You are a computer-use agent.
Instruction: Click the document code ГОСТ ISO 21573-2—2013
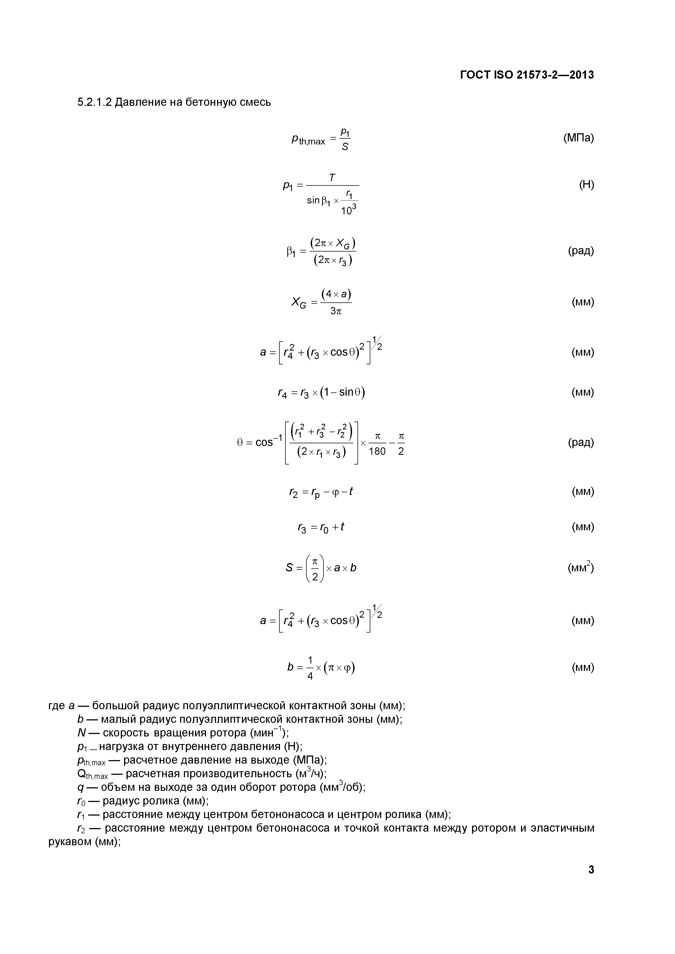coord(527,75)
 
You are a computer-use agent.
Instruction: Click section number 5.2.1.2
coord(94,102)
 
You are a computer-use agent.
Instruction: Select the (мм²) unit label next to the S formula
coord(581,568)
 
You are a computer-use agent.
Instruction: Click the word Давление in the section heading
coord(141,102)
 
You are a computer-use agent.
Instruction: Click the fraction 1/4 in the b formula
coord(310,668)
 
